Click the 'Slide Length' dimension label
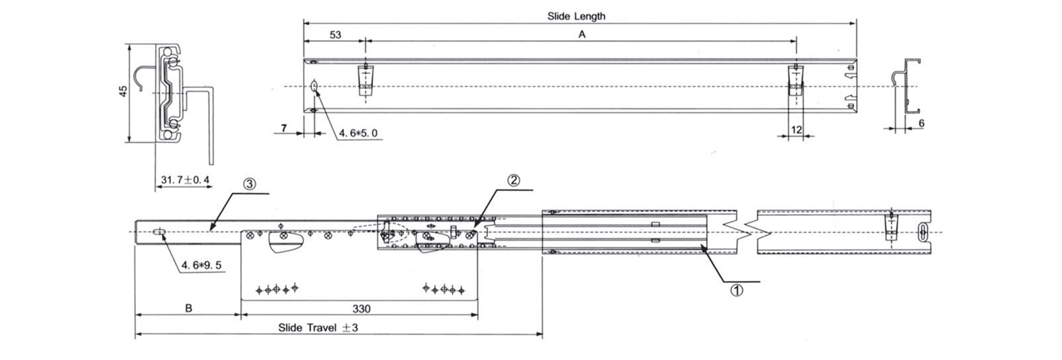click(576, 16)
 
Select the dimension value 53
click(335, 35)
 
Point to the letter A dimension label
click(582, 34)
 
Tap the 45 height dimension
click(123, 91)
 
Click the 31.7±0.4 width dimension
click(185, 180)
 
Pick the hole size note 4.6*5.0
click(358, 133)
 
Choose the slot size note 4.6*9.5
click(201, 265)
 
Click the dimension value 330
click(361, 309)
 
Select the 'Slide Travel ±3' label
click(318, 328)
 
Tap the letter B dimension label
click(189, 308)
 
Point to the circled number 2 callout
click(513, 180)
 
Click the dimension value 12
click(796, 130)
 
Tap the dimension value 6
click(921, 123)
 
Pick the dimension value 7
click(283, 128)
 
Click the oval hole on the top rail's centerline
click(314, 85)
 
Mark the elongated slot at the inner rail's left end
click(160, 232)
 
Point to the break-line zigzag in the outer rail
click(747, 232)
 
